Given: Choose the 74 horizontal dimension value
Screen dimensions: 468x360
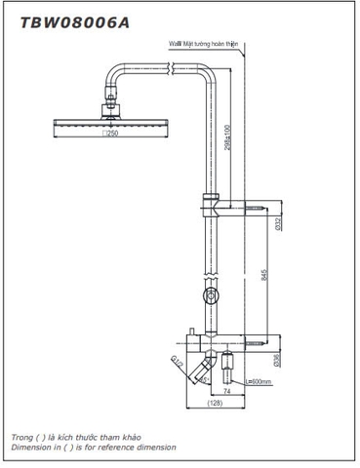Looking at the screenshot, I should (x=223, y=390).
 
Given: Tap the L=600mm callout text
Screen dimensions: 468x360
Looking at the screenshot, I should (x=259, y=382).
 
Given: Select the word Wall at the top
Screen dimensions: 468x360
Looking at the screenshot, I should (x=174, y=44).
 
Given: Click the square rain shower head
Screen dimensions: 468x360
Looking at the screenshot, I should (x=85, y=120).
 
